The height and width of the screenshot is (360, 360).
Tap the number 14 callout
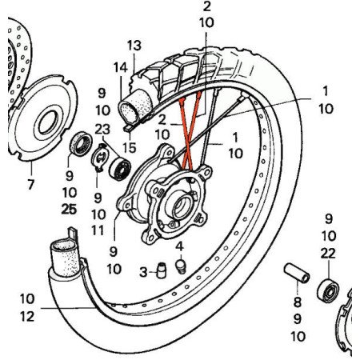[119, 66]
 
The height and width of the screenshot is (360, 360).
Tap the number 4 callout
[179, 245]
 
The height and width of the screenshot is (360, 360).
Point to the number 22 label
[329, 253]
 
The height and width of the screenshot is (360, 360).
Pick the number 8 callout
[298, 302]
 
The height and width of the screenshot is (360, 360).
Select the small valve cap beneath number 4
[180, 264]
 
